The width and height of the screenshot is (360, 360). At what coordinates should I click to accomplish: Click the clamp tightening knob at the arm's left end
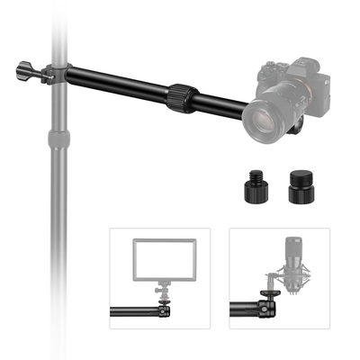tap(24, 70)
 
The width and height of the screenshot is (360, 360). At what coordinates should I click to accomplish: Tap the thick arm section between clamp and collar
tap(117, 82)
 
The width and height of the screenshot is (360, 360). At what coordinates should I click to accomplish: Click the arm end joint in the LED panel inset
tap(163, 314)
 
